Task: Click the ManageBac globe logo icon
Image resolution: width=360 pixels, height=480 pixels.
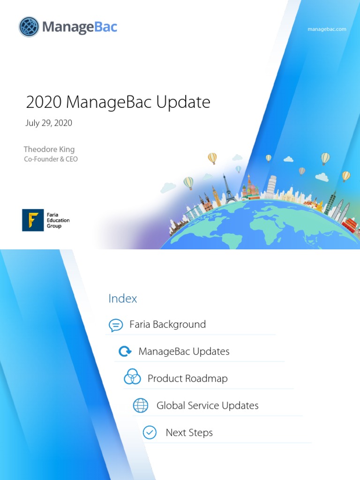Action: tap(29, 27)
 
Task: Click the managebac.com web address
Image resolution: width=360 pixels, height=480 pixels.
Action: tap(327, 29)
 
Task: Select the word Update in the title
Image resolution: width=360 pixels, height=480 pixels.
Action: tap(184, 102)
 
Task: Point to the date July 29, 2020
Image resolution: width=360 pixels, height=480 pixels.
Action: tap(49, 123)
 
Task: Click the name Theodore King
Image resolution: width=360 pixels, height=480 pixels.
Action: tap(49, 150)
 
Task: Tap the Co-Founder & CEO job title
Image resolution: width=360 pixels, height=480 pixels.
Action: tap(51, 159)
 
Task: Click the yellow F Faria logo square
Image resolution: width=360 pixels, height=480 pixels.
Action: tap(33, 220)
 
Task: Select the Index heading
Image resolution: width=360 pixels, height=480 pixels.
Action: tap(123, 299)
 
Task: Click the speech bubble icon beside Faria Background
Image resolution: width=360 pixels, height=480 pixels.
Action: tap(116, 325)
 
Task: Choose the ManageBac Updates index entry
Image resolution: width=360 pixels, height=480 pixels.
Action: tap(184, 352)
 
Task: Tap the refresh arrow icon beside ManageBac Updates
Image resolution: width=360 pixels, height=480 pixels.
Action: tap(125, 352)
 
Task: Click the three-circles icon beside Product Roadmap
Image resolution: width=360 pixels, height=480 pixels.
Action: tap(132, 377)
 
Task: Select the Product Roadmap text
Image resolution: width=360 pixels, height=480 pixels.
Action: tap(187, 379)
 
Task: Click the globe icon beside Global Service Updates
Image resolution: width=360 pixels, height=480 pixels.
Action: tap(141, 405)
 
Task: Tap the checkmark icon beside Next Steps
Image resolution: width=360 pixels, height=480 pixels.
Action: tap(150, 432)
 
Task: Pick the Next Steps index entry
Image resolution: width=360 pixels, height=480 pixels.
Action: tap(189, 433)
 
